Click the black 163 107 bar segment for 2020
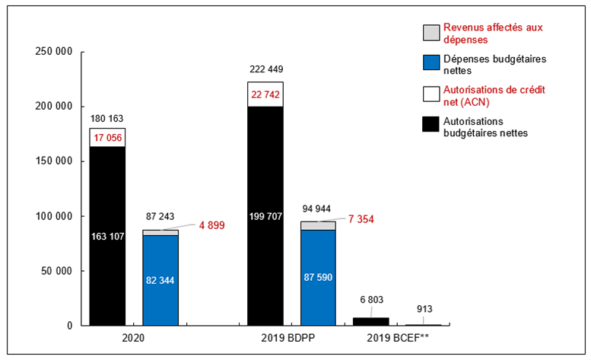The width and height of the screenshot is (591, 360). [107, 236]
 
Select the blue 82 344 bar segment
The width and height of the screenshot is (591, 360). [160, 280]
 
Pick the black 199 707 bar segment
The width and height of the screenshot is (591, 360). [265, 216]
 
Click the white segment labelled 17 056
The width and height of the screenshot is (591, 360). [107, 137]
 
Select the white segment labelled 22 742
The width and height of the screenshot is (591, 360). [265, 94]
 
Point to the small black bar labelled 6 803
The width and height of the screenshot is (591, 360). [370, 321]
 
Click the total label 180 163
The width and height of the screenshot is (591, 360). [107, 119]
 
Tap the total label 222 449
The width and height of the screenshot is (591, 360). [265, 70]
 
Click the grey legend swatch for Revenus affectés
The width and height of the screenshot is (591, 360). [431, 33]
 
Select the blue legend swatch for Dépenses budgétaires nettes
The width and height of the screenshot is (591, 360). [431, 64]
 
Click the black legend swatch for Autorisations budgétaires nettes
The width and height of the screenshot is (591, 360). [431, 126]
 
